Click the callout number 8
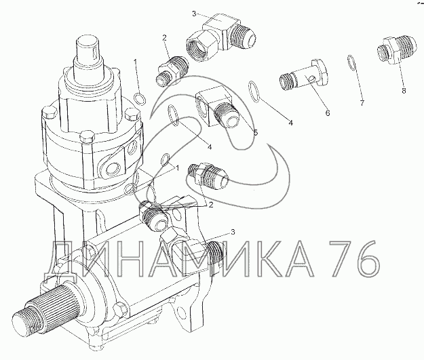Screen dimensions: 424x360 coord(404,91)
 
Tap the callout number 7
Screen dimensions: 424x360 coord(362,102)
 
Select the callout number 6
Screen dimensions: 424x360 coord(328,113)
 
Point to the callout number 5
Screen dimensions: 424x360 coord(256,132)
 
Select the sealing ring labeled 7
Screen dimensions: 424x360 coord(350,63)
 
